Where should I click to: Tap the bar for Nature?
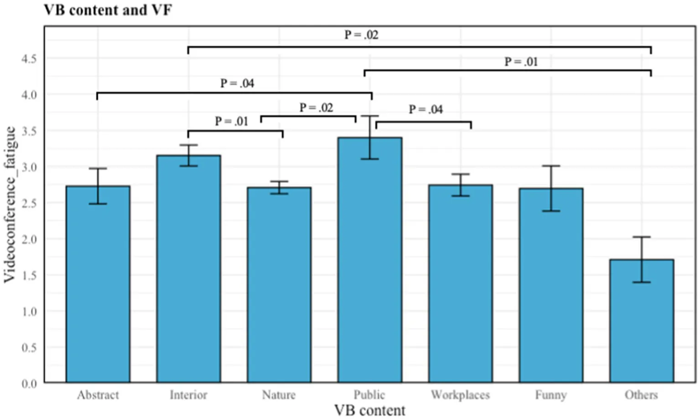click(279, 285)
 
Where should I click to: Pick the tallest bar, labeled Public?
click(369, 260)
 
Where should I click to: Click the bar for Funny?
click(550, 285)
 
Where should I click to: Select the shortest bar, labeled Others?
click(641, 321)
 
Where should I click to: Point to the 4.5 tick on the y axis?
click(29, 59)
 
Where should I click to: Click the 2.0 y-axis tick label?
click(29, 239)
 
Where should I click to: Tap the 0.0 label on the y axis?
click(29, 384)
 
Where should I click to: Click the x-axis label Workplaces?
click(460, 395)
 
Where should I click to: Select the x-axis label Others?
click(641, 395)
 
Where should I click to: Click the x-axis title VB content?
click(369, 410)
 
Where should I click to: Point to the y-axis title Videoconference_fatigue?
click(10, 205)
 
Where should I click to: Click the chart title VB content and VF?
click(108, 10)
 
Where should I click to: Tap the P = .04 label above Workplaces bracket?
click(425, 109)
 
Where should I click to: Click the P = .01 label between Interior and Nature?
click(232, 122)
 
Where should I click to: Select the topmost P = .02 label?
click(361, 35)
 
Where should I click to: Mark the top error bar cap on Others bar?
click(641, 237)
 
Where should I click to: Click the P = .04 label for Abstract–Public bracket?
click(237, 83)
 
